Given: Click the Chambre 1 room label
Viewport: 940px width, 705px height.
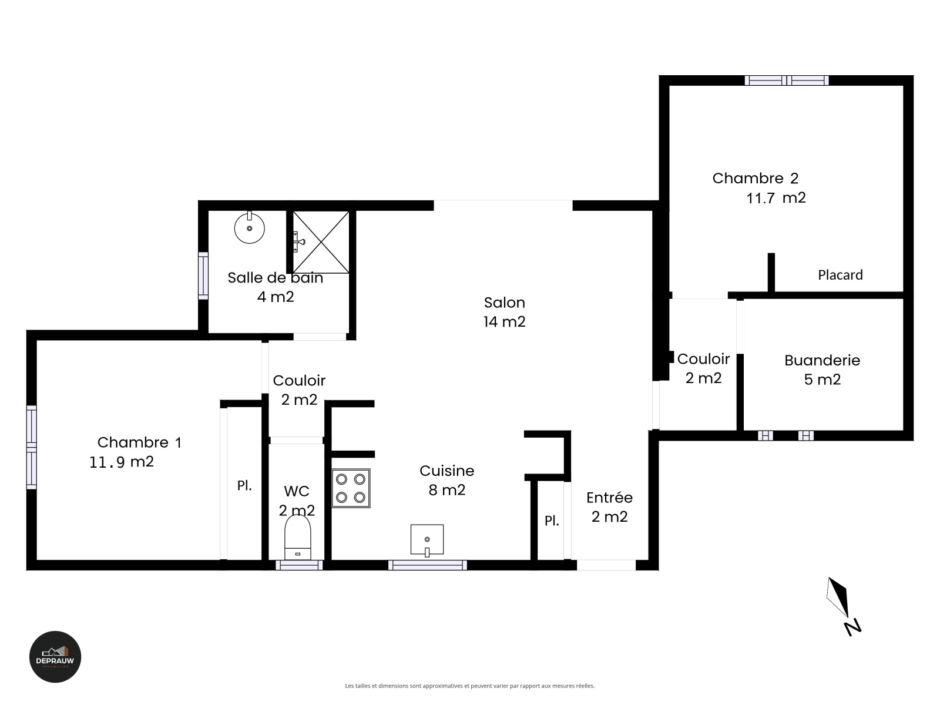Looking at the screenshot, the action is (139, 442).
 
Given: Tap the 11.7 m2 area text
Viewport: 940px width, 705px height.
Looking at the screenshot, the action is (776, 198).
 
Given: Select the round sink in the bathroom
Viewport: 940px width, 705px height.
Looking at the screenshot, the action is (249, 228).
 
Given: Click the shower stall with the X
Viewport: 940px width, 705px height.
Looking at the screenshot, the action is (320, 242).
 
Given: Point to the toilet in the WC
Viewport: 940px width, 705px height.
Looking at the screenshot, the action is (298, 538).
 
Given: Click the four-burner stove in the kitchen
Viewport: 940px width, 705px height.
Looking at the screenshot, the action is (351, 488).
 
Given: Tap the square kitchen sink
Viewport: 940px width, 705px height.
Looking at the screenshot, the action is (427, 540).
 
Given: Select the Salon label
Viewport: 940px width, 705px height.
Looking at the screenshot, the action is (505, 303).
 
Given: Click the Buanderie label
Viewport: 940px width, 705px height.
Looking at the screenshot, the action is (822, 360).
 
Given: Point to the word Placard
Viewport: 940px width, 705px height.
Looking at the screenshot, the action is (840, 275).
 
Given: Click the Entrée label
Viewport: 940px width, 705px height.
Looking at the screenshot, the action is (609, 498).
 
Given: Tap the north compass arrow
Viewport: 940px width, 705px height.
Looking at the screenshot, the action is (838, 597).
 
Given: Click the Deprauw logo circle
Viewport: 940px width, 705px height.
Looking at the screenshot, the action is (55, 657).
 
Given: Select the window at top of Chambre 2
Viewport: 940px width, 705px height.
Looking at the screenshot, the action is (787, 80).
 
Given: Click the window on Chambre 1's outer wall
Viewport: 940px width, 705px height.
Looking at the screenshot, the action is (32, 447).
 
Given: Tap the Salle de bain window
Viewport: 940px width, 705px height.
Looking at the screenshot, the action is (203, 276).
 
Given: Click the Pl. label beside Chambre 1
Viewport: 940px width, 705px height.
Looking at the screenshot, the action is (244, 485).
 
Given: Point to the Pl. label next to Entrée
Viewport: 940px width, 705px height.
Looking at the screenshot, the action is (552, 521).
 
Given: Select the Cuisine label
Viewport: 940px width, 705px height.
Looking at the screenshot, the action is (446, 471).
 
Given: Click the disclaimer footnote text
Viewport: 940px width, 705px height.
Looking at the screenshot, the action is (470, 686).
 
